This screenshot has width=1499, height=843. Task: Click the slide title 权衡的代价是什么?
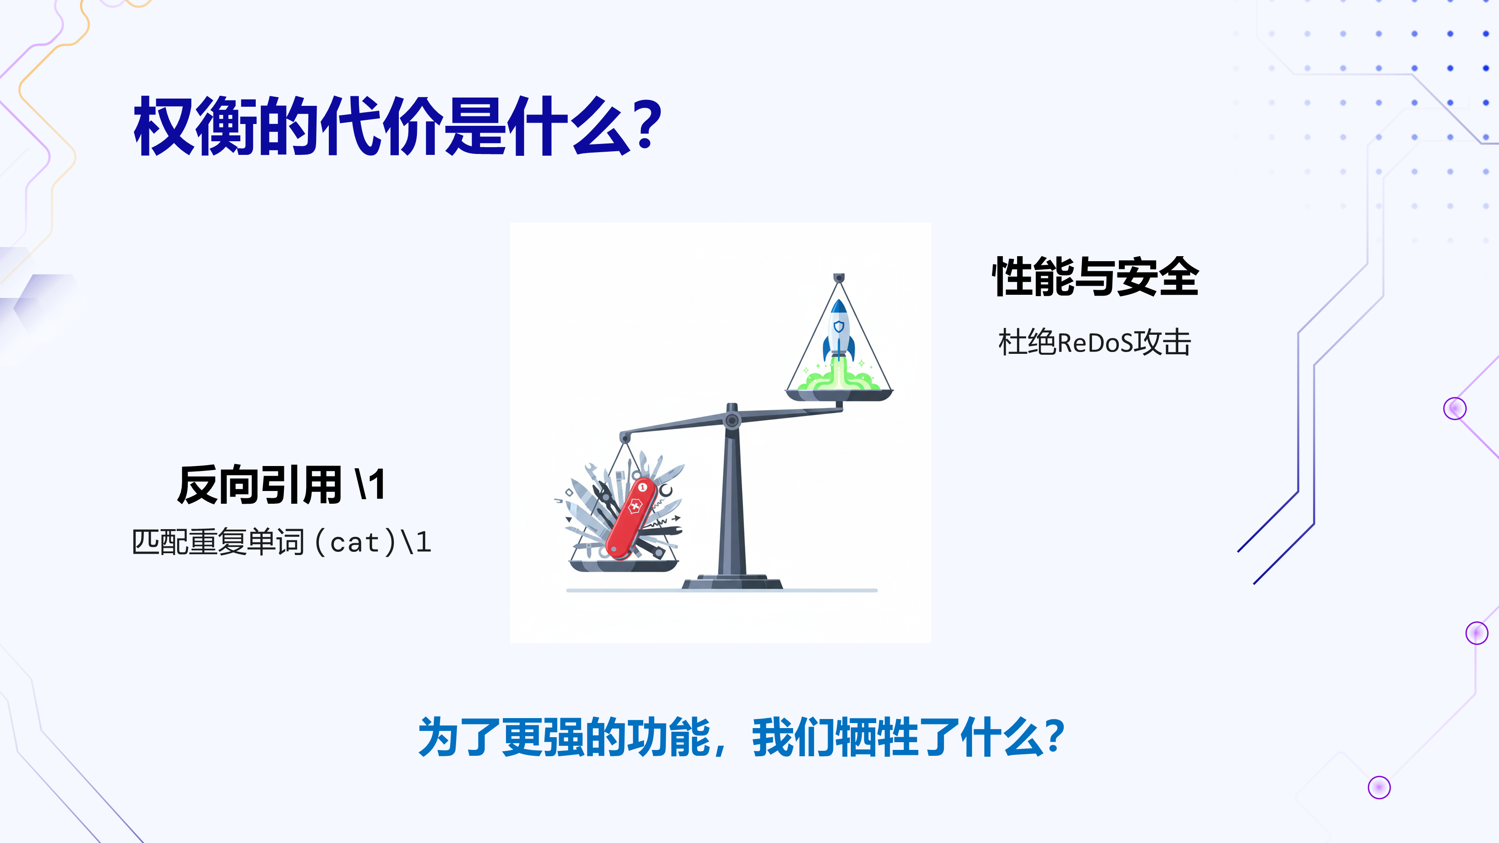(x=398, y=126)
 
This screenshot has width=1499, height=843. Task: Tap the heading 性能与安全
(x=1095, y=277)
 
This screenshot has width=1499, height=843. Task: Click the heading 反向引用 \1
(x=281, y=484)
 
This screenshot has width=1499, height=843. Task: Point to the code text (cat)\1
(x=373, y=543)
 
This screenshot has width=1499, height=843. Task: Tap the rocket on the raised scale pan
(x=839, y=329)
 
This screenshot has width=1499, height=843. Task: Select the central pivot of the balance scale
(x=732, y=420)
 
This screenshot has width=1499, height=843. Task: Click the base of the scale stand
(x=732, y=582)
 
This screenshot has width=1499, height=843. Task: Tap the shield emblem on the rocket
(x=839, y=327)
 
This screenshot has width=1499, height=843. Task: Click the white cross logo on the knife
(x=634, y=507)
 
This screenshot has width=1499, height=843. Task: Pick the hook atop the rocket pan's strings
(x=839, y=278)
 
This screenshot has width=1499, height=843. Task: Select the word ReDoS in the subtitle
(x=1095, y=342)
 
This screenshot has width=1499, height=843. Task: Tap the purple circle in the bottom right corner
(x=1379, y=788)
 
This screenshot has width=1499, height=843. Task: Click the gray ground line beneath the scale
(x=722, y=590)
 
